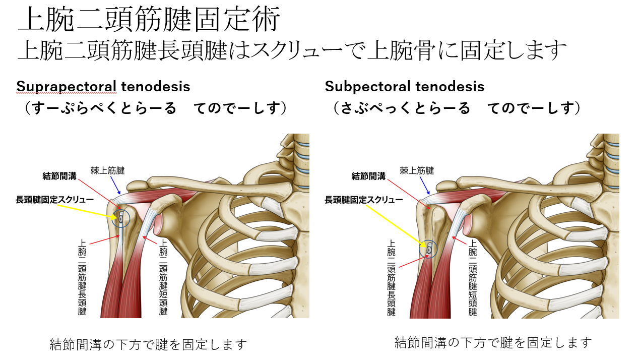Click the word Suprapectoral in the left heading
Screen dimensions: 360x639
point(68,87)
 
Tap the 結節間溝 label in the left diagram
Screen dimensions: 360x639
point(59,176)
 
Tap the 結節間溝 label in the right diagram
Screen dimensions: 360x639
point(368,176)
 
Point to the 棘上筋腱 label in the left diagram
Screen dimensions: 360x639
point(107,171)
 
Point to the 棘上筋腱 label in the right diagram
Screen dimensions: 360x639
point(417,171)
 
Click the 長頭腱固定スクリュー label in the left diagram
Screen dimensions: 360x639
point(55,200)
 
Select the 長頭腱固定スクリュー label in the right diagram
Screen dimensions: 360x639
point(364,200)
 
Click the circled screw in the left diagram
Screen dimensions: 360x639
point(121,218)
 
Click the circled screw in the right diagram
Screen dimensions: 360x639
point(429,249)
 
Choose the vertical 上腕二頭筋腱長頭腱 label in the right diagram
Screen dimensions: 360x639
point(391,278)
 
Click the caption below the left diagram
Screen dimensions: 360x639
point(149,345)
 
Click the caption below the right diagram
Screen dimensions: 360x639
point(493,343)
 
